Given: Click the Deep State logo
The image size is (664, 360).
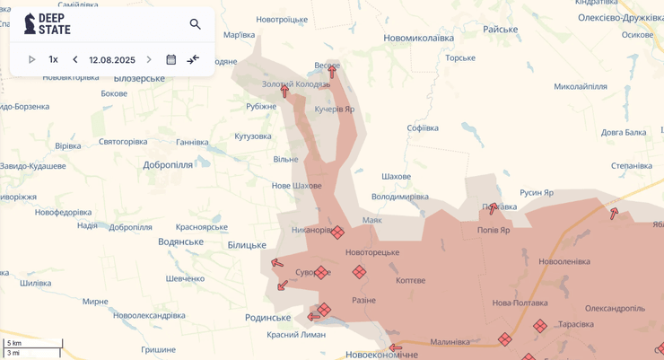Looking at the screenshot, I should pos(47,24).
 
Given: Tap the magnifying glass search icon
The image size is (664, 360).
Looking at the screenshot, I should pos(195,24).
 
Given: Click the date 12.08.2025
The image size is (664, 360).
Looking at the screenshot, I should pos(112,60).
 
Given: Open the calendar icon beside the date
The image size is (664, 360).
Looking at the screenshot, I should pos(171,60).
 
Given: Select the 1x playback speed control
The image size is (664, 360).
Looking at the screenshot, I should pos(53,60).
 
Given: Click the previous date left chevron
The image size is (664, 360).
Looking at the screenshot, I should pos(75,60).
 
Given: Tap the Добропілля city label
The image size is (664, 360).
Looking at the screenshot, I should pos(168,165).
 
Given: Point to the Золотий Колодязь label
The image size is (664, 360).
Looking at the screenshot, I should pos(295,84).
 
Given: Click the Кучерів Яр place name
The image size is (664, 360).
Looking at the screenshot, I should pos(334,109).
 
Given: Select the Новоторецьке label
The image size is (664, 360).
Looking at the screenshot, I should pos(372,252).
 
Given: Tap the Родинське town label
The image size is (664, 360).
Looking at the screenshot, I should pos(267,318).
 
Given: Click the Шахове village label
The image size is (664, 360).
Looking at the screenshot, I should pos(396,177).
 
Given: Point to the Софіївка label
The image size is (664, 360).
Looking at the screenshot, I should pos(423,128).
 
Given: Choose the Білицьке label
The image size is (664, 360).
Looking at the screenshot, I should pos(247,245).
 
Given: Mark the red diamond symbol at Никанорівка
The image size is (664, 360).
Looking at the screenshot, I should pos(337,233).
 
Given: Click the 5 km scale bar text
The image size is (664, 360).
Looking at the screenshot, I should pos(14,343).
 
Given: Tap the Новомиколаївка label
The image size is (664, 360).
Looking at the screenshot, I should pos(418,39).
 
